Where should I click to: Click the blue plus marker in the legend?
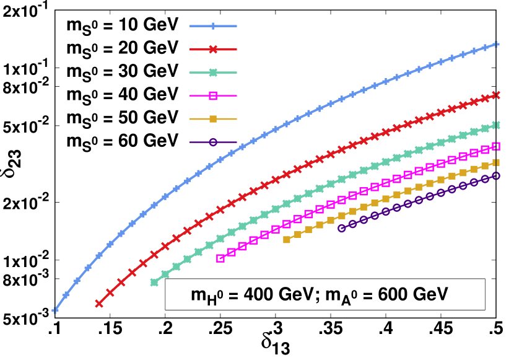coord(213,26)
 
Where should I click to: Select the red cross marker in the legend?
coord(213,49)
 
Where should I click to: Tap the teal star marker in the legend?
coord(213,72)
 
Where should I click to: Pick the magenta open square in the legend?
coord(213,95)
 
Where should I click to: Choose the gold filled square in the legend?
coord(213,118)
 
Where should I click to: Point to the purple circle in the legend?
coord(213,142)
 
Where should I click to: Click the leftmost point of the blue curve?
coord(55,310)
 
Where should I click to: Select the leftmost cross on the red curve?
coord(98,304)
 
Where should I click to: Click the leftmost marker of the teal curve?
coord(154,282)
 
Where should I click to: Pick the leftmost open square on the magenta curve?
coord(220,258)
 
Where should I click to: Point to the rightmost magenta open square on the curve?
coord(496,146)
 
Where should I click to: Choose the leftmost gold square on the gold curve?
coord(287,239)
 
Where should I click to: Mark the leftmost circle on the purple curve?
coord(342,228)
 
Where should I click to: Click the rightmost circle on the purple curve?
coord(496,176)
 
